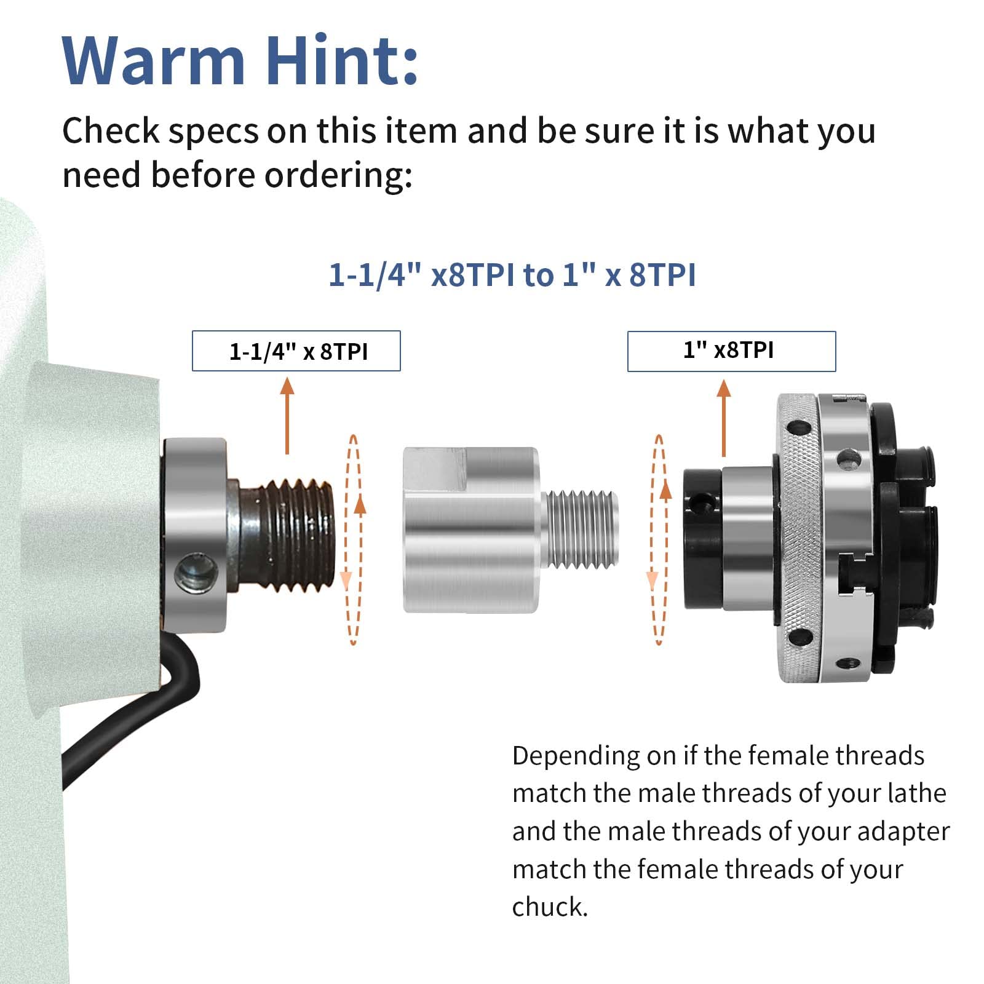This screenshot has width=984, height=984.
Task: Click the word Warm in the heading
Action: click(x=154, y=61)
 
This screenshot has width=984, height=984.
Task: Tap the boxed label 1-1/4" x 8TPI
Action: click(x=296, y=351)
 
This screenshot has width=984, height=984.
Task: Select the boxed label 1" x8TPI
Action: click(x=731, y=351)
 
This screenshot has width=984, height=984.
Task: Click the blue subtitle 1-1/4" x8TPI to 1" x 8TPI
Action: click(x=512, y=274)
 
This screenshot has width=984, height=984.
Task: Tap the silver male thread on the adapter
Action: click(x=581, y=528)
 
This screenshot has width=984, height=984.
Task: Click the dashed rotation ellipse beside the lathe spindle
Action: click(x=353, y=540)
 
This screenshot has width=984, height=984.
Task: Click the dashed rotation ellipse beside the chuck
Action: click(x=659, y=540)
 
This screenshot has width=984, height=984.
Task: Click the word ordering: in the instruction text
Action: click(x=338, y=175)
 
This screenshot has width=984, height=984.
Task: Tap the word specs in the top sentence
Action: click(x=214, y=131)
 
